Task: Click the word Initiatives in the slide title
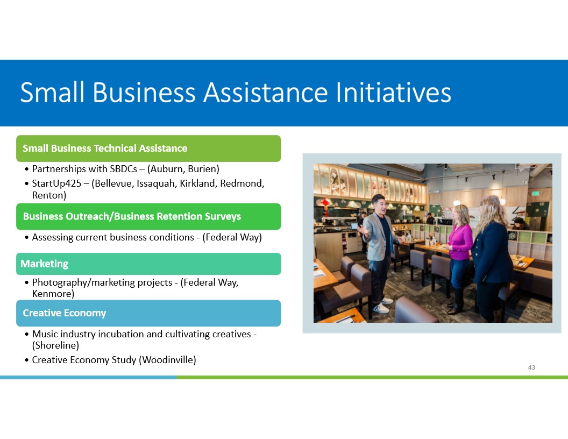pyautogui.click(x=393, y=93)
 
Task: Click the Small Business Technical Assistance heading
pyautogui.click(x=105, y=148)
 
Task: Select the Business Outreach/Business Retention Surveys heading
pyautogui.click(x=132, y=216)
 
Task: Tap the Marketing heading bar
pyautogui.click(x=148, y=264)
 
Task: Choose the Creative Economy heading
pyautogui.click(x=65, y=313)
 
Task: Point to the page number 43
pyautogui.click(x=531, y=367)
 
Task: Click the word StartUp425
pyautogui.click(x=56, y=183)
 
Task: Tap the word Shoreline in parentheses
pyautogui.click(x=55, y=345)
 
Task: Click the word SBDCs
pyautogui.click(x=124, y=169)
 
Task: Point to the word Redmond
pyautogui.click(x=243, y=183)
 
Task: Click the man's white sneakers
pyautogui.click(x=382, y=305)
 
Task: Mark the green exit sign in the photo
pyautogui.click(x=535, y=194)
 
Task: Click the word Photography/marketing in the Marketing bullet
pyautogui.click(x=102, y=282)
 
